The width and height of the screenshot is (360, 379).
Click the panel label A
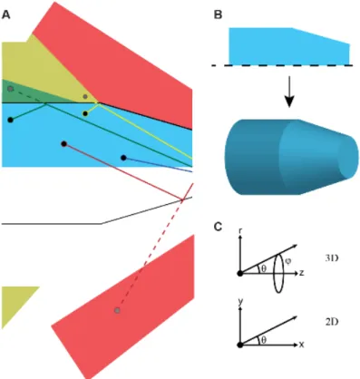pyautogui.click(x=5, y=15)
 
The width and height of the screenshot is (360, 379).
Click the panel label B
pyautogui.click(x=218, y=15)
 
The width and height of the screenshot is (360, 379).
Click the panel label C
pyautogui.click(x=218, y=227)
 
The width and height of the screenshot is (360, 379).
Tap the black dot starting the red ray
pyautogui.click(x=63, y=144)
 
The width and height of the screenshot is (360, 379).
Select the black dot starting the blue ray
pyautogui.click(x=123, y=158)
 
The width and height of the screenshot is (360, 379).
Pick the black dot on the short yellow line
pyautogui.click(x=85, y=113)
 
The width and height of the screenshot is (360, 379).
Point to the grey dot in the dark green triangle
pyautogui.click(x=11, y=89)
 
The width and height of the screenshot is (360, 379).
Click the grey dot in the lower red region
pyautogui.click(x=118, y=310)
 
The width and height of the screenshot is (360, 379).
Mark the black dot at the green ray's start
pyautogui.click(x=11, y=120)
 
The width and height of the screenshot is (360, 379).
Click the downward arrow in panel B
pyautogui.click(x=289, y=92)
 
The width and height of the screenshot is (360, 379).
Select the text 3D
pyautogui.click(x=332, y=258)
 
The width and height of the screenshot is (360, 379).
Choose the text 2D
pyautogui.click(x=332, y=322)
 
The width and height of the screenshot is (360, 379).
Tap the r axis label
pyautogui.click(x=240, y=231)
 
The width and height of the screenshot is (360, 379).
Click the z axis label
pyautogui.click(x=301, y=273)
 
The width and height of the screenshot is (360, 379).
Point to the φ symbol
pyautogui.click(x=287, y=260)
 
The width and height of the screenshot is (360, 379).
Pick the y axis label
pyautogui.click(x=240, y=302)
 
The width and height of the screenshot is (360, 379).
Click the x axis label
pyautogui.click(x=301, y=345)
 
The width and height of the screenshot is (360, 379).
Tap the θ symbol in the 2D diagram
pyautogui.click(x=264, y=340)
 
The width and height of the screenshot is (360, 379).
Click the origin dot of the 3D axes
pyautogui.click(x=240, y=274)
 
